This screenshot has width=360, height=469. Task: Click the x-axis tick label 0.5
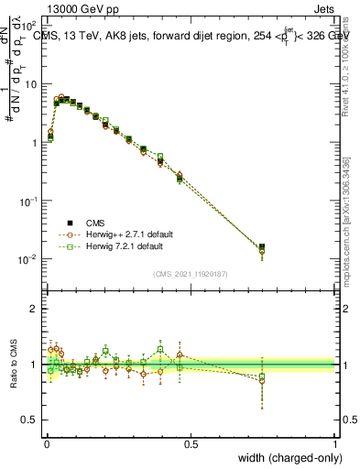(x=191, y=443)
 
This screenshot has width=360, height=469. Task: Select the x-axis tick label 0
(x=45, y=443)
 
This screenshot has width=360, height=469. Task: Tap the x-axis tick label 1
(x=335, y=443)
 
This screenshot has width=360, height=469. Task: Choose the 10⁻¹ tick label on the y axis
(x=28, y=201)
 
